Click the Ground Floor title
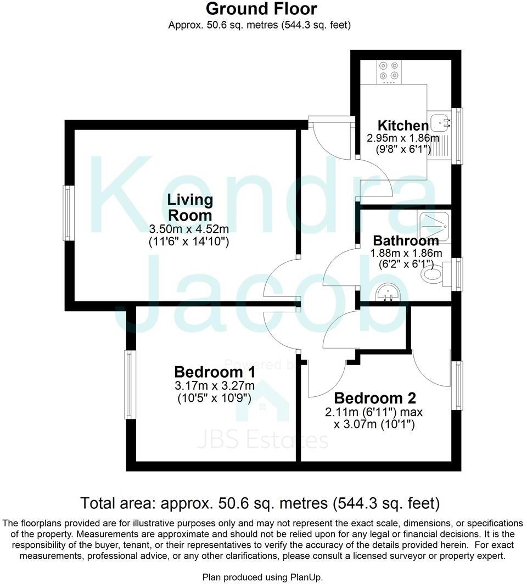[261, 9]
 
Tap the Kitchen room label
[402, 126]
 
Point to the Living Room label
[190, 207]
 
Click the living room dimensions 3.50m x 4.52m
[189, 228]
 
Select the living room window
[68, 213]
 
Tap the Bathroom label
[406, 240]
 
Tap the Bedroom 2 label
[374, 398]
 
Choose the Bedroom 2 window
[457, 385]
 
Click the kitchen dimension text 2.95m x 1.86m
[403, 138]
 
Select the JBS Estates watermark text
[262, 440]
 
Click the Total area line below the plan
[260, 503]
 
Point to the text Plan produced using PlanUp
[262, 577]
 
